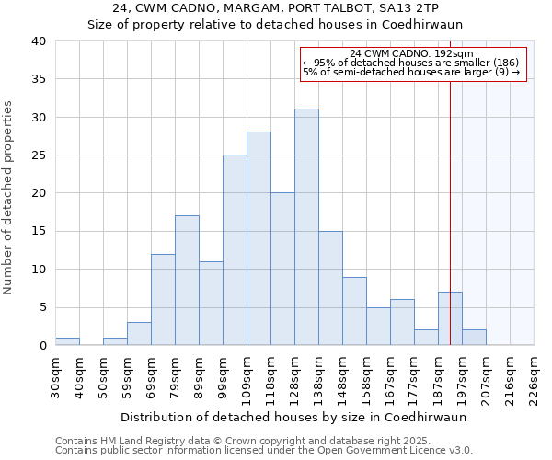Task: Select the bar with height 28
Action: pyautogui.click(x=259, y=238)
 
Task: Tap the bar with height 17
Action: pyautogui.click(x=187, y=281)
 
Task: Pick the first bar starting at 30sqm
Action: pyautogui.click(x=67, y=341)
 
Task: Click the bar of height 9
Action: pyautogui.click(x=354, y=311)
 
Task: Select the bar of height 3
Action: pyautogui.click(x=139, y=334)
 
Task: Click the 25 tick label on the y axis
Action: pyautogui.click(x=38, y=155)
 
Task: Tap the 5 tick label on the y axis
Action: pyautogui.click(x=41, y=307)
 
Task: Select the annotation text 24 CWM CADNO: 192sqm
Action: pyautogui.click(x=412, y=53)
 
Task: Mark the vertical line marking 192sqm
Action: pyautogui.click(x=450, y=212)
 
